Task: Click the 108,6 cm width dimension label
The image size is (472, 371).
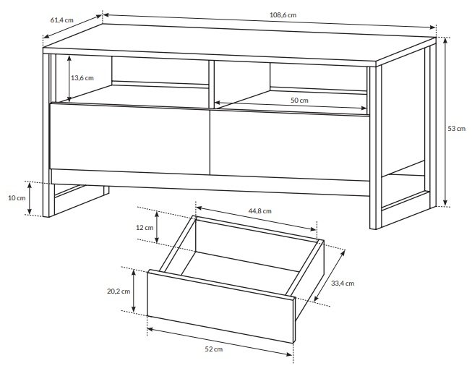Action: coord(283,14)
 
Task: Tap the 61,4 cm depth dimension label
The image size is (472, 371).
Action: coord(61,20)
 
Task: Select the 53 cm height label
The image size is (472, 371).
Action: coord(456,129)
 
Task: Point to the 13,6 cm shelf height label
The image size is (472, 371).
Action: coord(82,78)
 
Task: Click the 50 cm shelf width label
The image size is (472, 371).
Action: coord(299,101)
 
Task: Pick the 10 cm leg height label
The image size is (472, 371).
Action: coord(17,198)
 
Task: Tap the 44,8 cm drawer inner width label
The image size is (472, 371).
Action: coord(259,211)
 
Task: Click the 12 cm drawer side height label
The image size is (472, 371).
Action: coord(145,228)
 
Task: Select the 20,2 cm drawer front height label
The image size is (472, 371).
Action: coord(119,291)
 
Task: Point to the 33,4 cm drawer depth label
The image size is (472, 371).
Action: coord(343,283)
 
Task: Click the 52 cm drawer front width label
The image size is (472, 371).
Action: coord(214,349)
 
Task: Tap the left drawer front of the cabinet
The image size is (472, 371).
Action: coord(129,139)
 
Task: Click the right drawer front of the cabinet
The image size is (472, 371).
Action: coord(290,145)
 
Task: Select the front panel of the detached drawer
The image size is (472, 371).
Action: coord(220,306)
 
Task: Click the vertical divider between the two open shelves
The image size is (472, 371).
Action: coord(211,85)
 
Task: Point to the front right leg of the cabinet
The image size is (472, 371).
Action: coord(376,148)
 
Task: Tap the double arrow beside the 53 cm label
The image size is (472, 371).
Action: coord(445,122)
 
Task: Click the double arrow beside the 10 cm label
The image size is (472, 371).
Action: coord(30,199)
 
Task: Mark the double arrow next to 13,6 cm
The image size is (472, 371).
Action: coord(69,79)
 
